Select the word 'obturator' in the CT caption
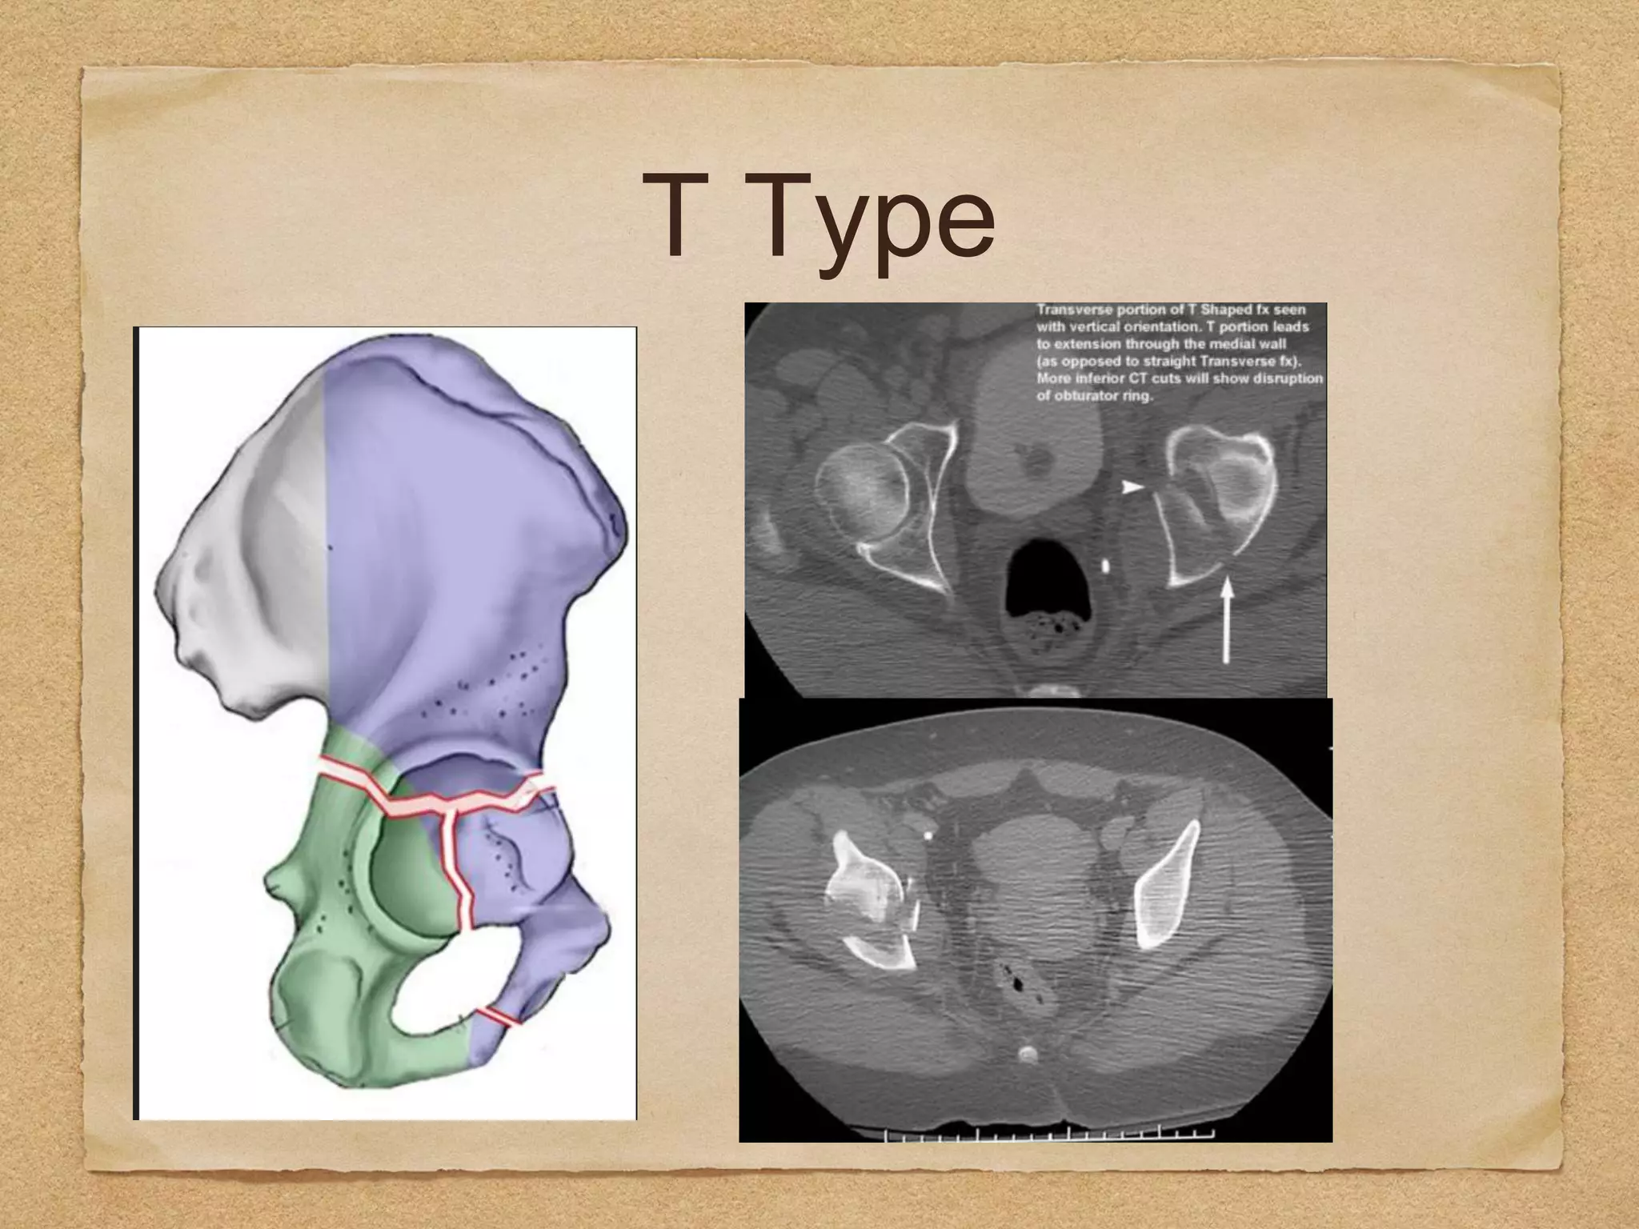tap(1084, 395)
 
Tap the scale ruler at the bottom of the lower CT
tap(1048, 1135)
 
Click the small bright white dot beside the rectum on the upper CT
tap(1106, 566)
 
